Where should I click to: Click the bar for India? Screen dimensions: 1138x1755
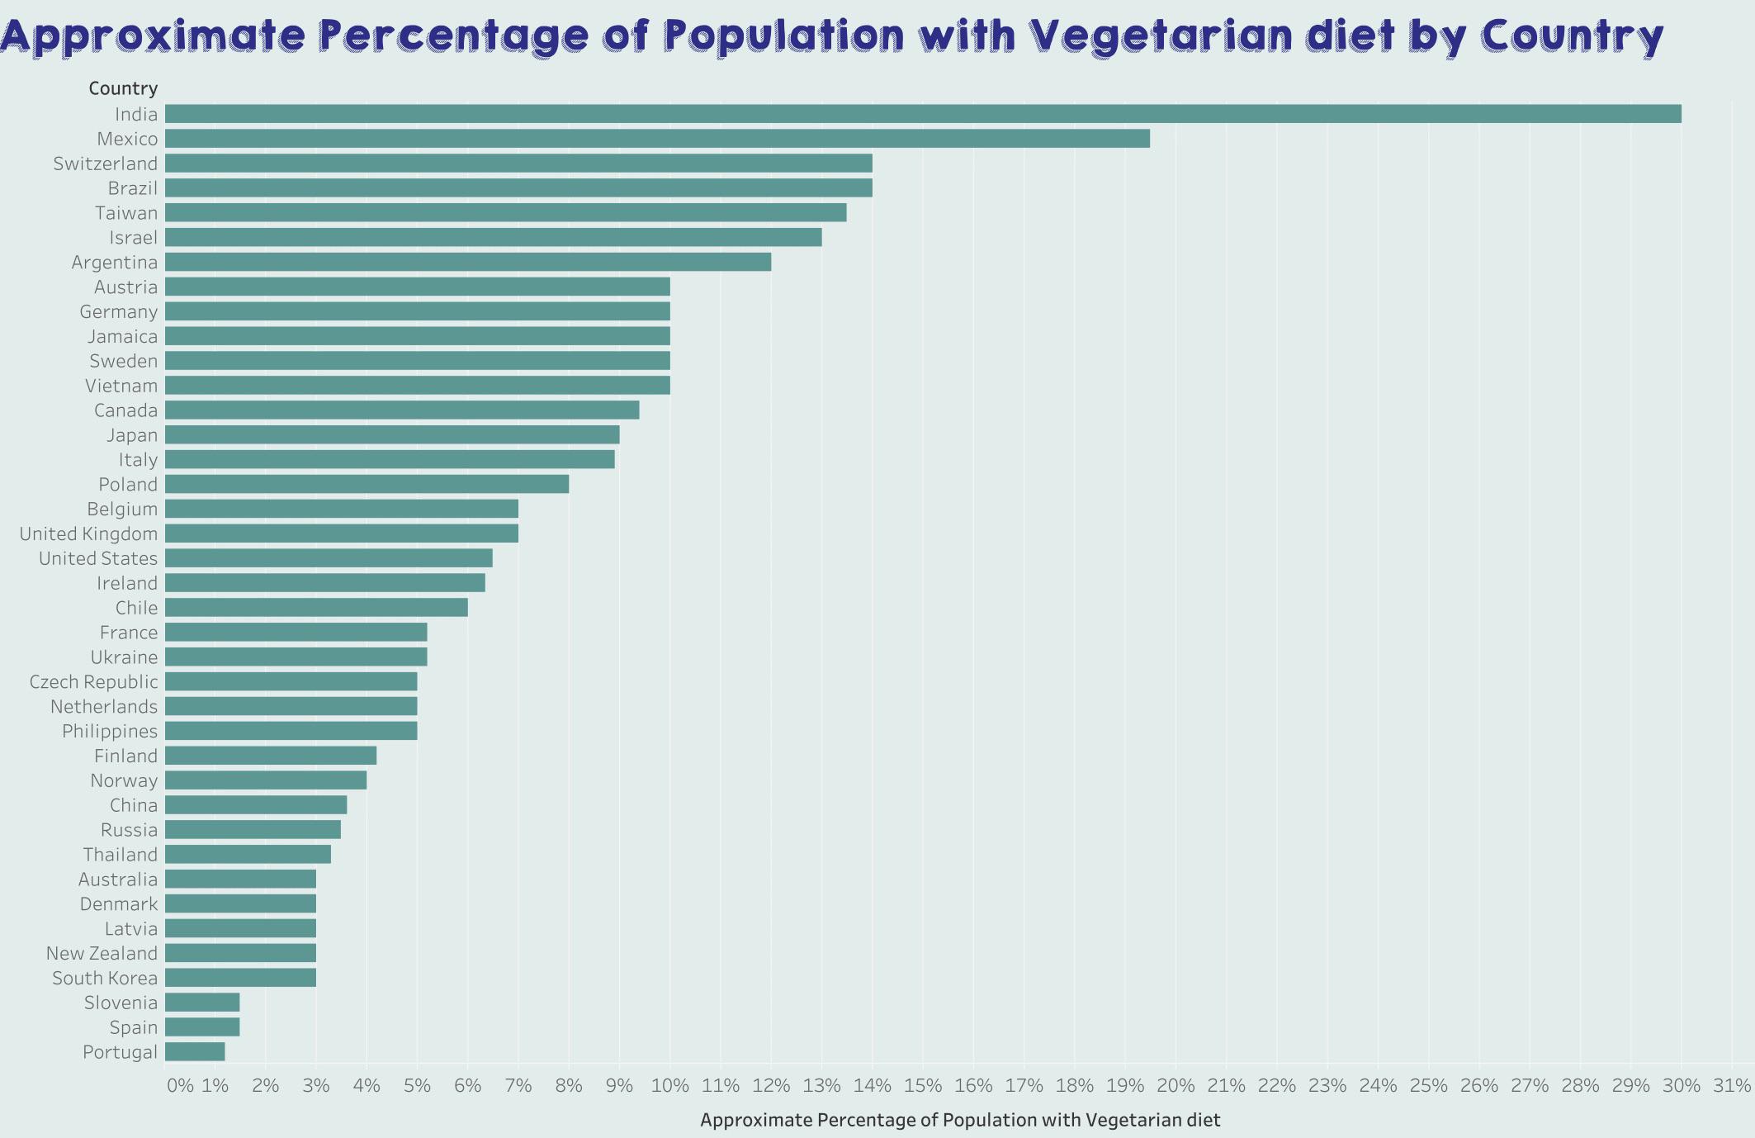(923, 114)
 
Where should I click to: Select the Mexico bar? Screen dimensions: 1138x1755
(657, 139)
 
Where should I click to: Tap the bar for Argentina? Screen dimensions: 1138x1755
(468, 262)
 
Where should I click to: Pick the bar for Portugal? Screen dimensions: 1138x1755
(195, 1051)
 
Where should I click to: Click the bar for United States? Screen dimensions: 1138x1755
(329, 558)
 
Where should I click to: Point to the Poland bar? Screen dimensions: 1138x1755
(367, 484)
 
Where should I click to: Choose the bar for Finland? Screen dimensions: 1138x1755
(271, 756)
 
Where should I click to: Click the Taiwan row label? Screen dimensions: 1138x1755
(126, 213)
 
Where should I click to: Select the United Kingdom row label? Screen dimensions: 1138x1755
(88, 533)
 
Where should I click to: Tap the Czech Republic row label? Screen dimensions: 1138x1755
(93, 682)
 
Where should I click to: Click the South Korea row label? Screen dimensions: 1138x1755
(105, 978)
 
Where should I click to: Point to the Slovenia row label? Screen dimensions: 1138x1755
(121, 1003)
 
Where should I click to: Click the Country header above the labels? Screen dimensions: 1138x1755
(123, 88)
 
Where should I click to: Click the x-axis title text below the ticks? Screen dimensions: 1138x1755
(959, 1120)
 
